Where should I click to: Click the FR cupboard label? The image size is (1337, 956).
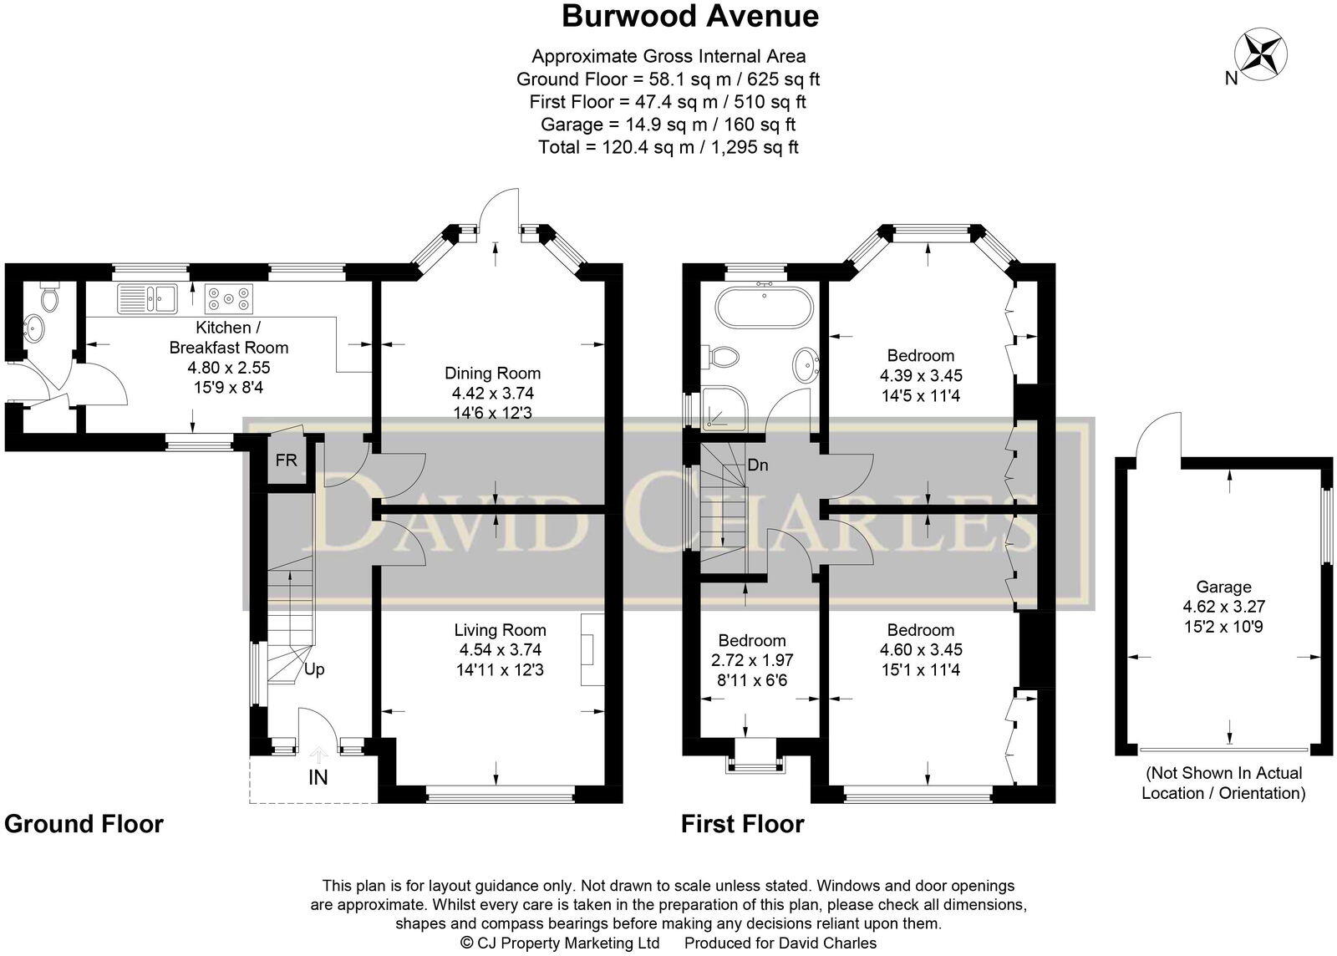pos(286,460)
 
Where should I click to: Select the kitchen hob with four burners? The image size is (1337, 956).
pos(229,297)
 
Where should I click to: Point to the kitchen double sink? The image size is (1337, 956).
pos(147,297)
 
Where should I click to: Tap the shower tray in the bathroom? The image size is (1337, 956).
pos(724,407)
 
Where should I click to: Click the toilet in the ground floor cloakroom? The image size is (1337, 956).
pos(50,297)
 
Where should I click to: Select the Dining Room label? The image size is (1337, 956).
pos(492,373)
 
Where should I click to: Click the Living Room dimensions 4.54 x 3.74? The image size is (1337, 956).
pos(500,649)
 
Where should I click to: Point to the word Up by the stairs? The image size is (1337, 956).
pos(314,669)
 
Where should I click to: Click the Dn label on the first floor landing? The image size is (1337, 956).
pos(758,465)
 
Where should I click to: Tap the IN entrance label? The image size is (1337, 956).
pos(318,777)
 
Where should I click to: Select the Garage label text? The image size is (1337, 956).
pos(1223,587)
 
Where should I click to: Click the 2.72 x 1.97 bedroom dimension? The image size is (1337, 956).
pos(751,660)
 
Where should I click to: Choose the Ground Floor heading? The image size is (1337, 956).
pos(84,824)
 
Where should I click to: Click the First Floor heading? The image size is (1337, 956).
pos(742,824)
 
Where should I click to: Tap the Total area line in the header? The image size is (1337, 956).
pos(668,147)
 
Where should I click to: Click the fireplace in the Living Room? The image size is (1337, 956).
pos(592,650)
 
